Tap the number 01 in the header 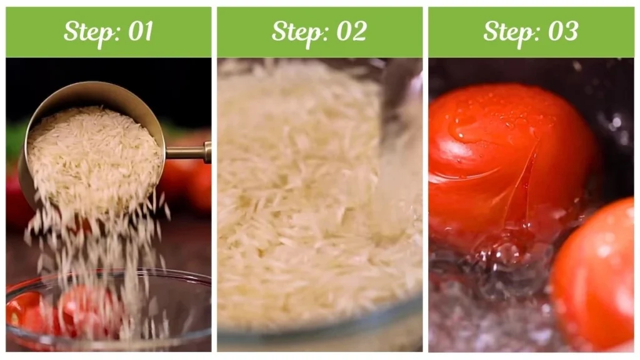141,31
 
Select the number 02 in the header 351,31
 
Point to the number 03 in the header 562,31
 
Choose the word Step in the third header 507,31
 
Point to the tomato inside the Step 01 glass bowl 87,309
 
